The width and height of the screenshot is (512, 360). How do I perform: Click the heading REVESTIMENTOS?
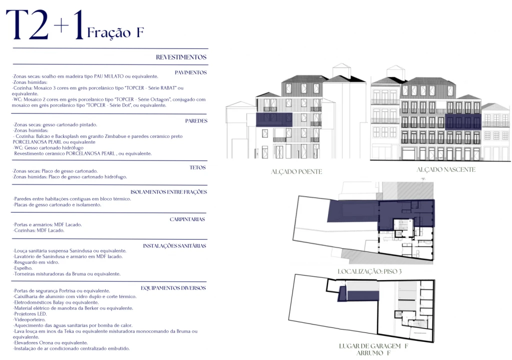[x=181, y=57]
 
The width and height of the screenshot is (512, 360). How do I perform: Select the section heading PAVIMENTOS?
[x=190, y=72]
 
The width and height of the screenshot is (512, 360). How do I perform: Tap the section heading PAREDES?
[x=196, y=121]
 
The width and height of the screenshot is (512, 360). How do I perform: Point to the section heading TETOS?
[x=198, y=167]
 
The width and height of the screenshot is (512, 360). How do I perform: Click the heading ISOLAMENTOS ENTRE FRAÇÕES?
[x=168, y=192]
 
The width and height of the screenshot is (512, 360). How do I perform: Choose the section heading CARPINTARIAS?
[x=187, y=219]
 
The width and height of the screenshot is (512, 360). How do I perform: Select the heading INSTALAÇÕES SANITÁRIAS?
[x=174, y=246]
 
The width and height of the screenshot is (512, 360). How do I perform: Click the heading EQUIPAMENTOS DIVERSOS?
[x=173, y=288]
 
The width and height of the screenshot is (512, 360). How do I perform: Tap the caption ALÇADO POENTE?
[x=296, y=172]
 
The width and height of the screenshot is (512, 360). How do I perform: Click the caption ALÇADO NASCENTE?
[x=446, y=170]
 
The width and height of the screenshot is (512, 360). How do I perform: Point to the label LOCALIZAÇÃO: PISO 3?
[x=369, y=271]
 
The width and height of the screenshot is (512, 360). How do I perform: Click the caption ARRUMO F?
[x=373, y=353]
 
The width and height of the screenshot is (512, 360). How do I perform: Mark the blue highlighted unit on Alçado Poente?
[x=273, y=119]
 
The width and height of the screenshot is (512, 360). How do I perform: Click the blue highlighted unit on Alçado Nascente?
[x=462, y=121]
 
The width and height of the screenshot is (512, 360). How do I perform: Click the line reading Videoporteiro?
[x=29, y=319]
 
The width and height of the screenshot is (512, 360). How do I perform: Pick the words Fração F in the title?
[x=115, y=33]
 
